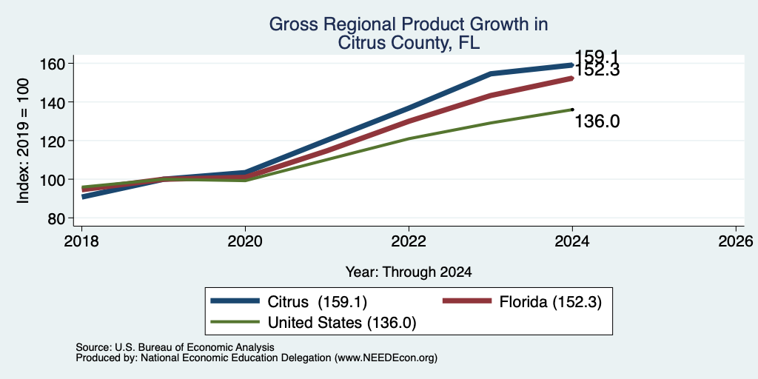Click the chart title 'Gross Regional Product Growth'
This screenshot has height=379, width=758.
pyautogui.click(x=408, y=24)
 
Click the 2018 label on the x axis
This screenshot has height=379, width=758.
pyautogui.click(x=81, y=241)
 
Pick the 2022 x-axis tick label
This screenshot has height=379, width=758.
pyautogui.click(x=409, y=241)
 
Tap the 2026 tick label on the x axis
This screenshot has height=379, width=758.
pyautogui.click(x=736, y=241)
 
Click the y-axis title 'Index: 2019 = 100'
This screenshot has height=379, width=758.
pyautogui.click(x=23, y=141)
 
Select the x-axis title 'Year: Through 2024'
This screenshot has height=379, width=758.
pyautogui.click(x=409, y=272)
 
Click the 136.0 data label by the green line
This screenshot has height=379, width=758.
pyautogui.click(x=597, y=121)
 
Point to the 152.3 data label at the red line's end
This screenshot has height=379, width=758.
pyautogui.click(x=597, y=70)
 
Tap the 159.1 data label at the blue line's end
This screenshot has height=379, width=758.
pyautogui.click(x=597, y=56)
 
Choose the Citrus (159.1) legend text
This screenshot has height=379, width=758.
pyautogui.click(x=317, y=302)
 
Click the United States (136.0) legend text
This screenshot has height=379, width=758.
pyautogui.click(x=342, y=323)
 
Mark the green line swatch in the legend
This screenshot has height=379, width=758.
pyautogui.click(x=235, y=323)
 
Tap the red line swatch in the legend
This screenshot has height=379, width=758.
pyautogui.click(x=467, y=302)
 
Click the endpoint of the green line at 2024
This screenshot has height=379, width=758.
pyautogui.click(x=572, y=110)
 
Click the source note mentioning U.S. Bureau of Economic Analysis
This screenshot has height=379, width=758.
pyautogui.click(x=175, y=347)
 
